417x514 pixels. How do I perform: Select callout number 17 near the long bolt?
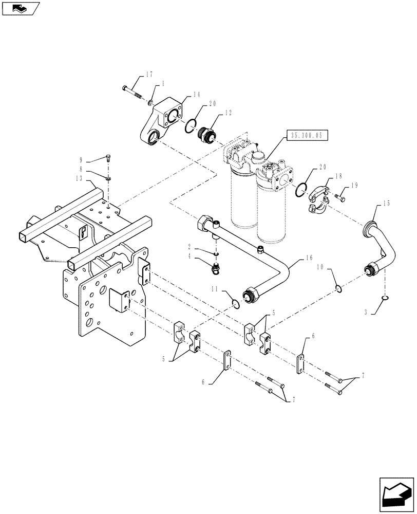(149, 75)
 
